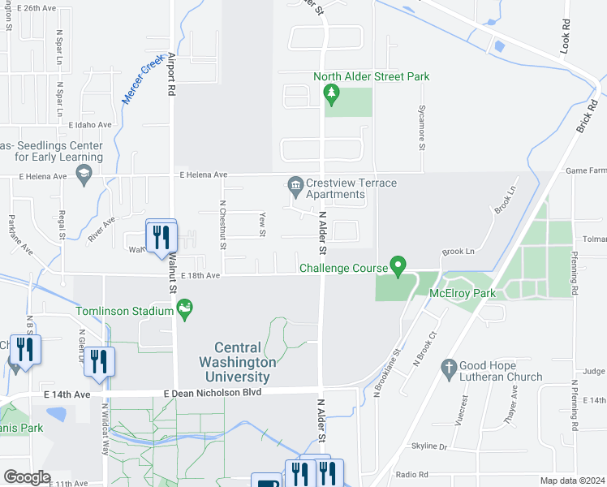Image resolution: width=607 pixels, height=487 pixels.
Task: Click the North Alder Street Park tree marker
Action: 331,94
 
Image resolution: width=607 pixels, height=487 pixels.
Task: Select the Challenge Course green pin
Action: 398,265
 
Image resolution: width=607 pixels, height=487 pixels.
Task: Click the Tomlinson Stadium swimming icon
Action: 185,309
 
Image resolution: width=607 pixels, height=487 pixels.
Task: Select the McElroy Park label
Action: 462,293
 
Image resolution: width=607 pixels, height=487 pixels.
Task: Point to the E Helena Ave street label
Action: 204,175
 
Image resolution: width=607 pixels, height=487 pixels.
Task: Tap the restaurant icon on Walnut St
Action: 161,236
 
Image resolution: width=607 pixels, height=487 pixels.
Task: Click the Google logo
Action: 27,476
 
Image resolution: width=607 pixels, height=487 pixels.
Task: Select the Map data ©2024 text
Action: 573,481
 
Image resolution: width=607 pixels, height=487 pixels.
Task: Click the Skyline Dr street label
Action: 429,446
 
